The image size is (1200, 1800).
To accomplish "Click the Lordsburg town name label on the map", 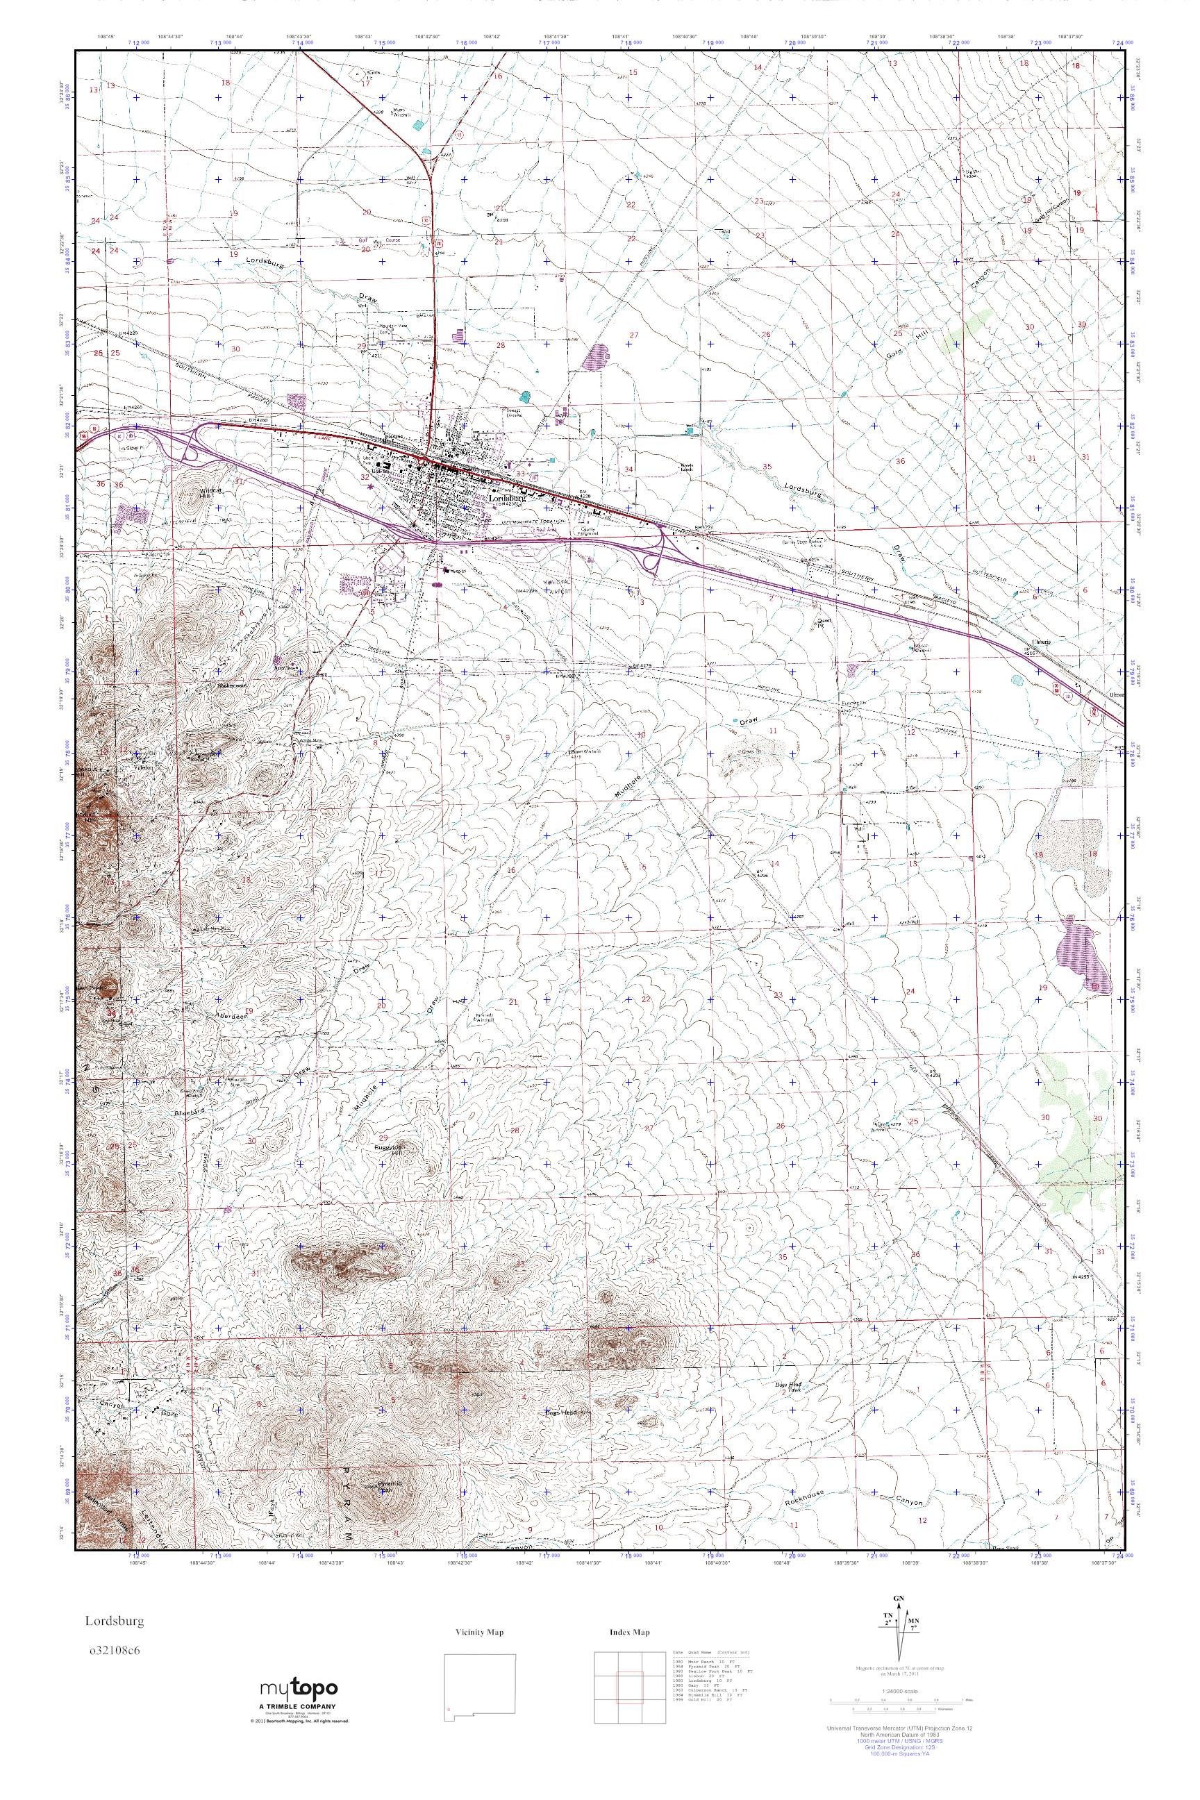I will (x=508, y=497).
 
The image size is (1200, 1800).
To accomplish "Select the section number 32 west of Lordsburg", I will (x=365, y=476).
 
